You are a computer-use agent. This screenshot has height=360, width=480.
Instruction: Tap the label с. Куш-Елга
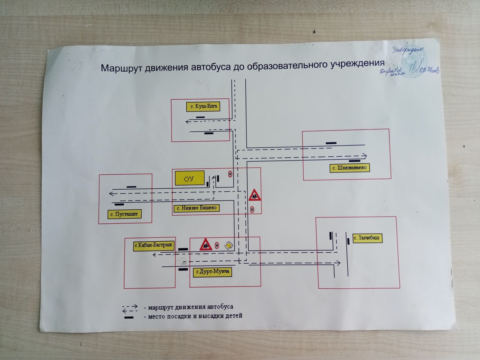click(203, 106)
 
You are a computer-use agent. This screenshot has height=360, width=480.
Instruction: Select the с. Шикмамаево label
click(350, 168)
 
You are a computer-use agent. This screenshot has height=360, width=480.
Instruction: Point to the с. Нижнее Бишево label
click(197, 208)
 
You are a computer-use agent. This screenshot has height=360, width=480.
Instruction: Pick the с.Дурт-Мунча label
click(213, 272)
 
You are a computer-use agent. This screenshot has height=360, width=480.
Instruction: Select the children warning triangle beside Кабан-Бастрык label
click(205, 244)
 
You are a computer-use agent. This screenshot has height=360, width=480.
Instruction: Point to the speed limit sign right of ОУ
click(230, 174)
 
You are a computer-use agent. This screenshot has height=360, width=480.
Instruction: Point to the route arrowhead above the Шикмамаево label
click(364, 156)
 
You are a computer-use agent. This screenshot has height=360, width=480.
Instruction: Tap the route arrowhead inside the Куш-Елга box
click(187, 121)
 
